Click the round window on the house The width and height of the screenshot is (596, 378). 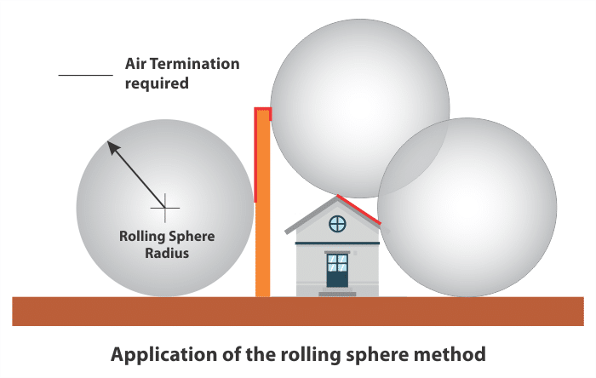pos(337,224)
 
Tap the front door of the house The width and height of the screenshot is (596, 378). pos(337,270)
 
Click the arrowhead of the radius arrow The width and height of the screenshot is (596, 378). pos(113,147)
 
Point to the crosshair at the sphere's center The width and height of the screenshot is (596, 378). pos(165,208)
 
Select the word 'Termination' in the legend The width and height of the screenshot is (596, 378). pos(195,64)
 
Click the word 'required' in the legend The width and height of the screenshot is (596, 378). pos(157,83)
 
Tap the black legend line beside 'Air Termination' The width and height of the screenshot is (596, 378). pos(85,75)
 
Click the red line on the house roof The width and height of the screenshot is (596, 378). pos(358,209)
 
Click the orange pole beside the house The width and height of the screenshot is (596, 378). pos(262,203)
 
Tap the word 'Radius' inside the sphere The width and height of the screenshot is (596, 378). pos(167,253)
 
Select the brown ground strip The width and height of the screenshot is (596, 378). pos(298,311)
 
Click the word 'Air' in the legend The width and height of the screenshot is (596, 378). pos(135,64)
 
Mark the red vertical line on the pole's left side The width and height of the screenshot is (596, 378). pos(255,155)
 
